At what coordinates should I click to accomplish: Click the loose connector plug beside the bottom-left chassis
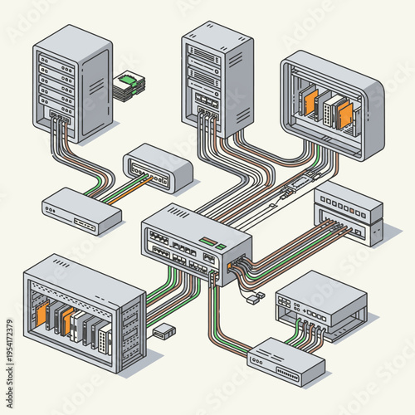click(164, 331)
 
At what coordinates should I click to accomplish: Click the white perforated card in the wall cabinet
click(332, 108)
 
